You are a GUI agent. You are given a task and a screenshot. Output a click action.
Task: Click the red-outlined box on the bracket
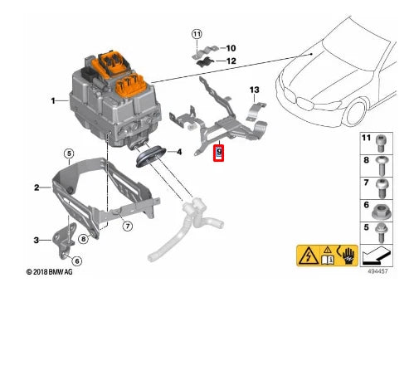[219, 153]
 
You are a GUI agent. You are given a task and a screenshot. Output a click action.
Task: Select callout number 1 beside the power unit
[52, 101]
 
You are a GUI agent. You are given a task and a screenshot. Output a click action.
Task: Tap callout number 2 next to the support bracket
[37, 188]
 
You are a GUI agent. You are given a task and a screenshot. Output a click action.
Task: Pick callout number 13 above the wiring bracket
[255, 90]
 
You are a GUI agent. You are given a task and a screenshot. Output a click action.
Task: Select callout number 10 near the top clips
[231, 48]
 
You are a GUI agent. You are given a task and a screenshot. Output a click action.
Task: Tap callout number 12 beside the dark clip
[231, 61]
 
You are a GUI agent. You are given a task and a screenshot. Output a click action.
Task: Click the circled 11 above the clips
[197, 33]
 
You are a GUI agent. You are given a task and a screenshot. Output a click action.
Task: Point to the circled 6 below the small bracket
[77, 261]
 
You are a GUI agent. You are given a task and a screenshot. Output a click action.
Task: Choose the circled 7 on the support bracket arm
[128, 226]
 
